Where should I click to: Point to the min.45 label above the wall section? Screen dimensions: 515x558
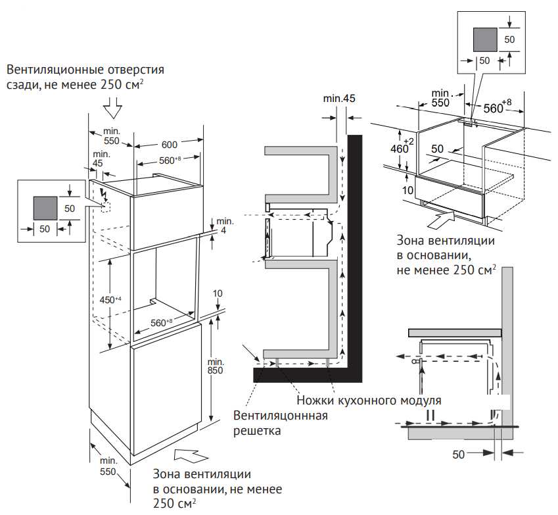339,99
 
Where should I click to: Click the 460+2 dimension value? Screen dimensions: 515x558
400,148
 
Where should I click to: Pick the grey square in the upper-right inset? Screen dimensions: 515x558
485,40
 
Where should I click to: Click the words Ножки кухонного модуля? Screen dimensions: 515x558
368,400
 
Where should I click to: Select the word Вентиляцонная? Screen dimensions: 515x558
281,416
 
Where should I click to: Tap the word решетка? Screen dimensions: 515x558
258,431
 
